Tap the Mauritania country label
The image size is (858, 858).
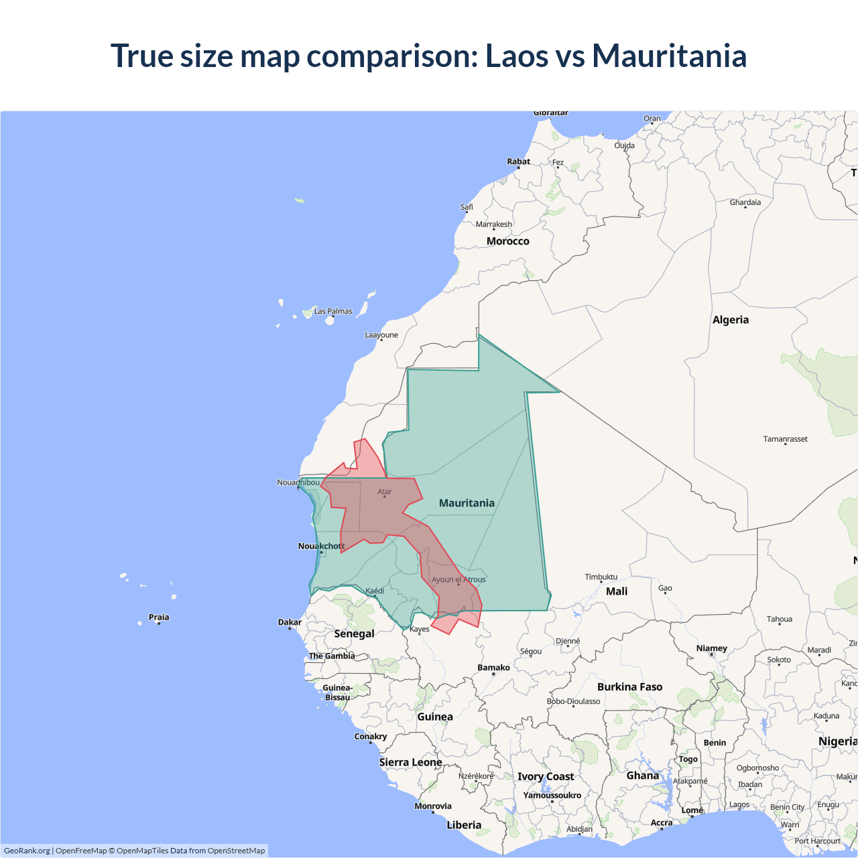467,503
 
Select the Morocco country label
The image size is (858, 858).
507,241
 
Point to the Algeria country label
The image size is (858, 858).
730,320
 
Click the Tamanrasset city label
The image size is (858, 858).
785,439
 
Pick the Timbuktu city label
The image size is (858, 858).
601,576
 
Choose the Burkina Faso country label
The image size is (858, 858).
629,686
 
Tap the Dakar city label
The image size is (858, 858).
290,622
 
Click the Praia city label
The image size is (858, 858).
159,617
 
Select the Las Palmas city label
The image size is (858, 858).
333,311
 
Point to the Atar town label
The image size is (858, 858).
384,492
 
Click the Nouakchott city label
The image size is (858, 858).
321,546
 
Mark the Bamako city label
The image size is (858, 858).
493,668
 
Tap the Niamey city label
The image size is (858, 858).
711,648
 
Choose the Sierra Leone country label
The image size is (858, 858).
410,762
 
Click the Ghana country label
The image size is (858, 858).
642,776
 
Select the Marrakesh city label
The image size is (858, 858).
493,225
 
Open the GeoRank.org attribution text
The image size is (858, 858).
27,851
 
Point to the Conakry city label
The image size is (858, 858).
370,736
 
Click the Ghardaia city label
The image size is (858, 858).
745,202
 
